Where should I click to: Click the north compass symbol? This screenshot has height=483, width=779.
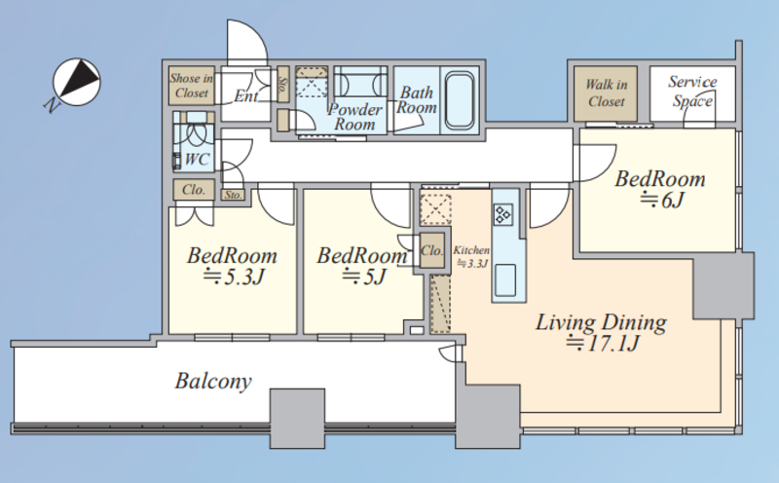77,82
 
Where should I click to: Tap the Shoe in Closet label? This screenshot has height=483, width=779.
191,86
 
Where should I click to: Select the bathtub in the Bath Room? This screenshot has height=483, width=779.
459,100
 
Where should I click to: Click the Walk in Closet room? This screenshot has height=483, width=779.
606,93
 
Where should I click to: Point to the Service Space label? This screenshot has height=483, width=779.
692,92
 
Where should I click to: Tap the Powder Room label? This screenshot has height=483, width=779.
354,116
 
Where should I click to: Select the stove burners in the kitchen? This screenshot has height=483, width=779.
502,215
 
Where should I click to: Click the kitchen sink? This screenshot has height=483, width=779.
505,280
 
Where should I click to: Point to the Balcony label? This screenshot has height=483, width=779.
213,381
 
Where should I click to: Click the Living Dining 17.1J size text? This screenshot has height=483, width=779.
602,344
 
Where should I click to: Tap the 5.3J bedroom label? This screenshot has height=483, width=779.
233,266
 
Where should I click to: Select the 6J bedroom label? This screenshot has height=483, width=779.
660,189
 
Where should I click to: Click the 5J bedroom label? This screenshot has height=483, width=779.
362,266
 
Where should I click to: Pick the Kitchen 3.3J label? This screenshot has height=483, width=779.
471,256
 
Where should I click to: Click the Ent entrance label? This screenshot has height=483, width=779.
246,95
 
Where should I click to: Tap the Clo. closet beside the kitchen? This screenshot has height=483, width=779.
432,250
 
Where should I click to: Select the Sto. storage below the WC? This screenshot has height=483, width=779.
233,195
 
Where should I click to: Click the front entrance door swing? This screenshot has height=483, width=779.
247,43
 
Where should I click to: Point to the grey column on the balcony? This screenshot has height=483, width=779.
297,419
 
